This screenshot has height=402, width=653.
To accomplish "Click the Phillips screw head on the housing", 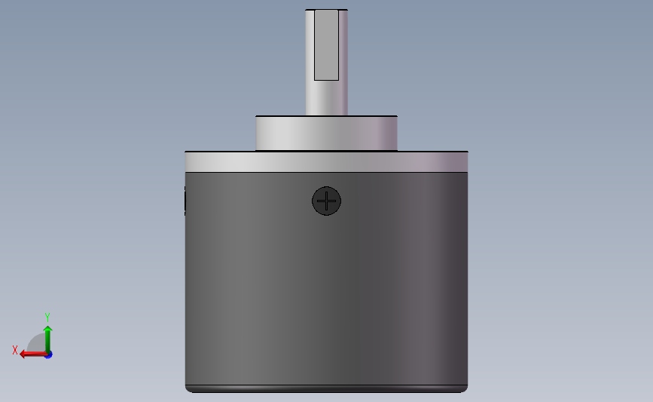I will (326, 201).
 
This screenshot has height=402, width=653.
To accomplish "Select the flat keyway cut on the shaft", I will (326, 45).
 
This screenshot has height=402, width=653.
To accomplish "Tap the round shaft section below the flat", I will (326, 98).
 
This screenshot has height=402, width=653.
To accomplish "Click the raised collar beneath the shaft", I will (326, 133).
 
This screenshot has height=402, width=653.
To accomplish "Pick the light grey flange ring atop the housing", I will (326, 161).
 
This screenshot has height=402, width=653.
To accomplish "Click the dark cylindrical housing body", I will (326, 287).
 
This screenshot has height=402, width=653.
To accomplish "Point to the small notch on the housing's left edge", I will (185, 201).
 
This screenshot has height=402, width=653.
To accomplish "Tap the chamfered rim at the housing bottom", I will (326, 389).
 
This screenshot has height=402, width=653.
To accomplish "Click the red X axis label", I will (15, 351).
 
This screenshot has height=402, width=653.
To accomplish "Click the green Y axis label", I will (47, 318).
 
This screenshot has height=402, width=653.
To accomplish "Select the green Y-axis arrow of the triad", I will (47, 336).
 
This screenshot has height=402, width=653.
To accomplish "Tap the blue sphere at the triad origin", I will (48, 354).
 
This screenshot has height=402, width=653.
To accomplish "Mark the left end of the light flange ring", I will (187, 161).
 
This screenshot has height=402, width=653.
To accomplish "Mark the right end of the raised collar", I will (395, 133).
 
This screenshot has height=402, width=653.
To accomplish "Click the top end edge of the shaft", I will (326, 10).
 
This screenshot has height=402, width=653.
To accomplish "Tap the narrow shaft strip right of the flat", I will (343, 45).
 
